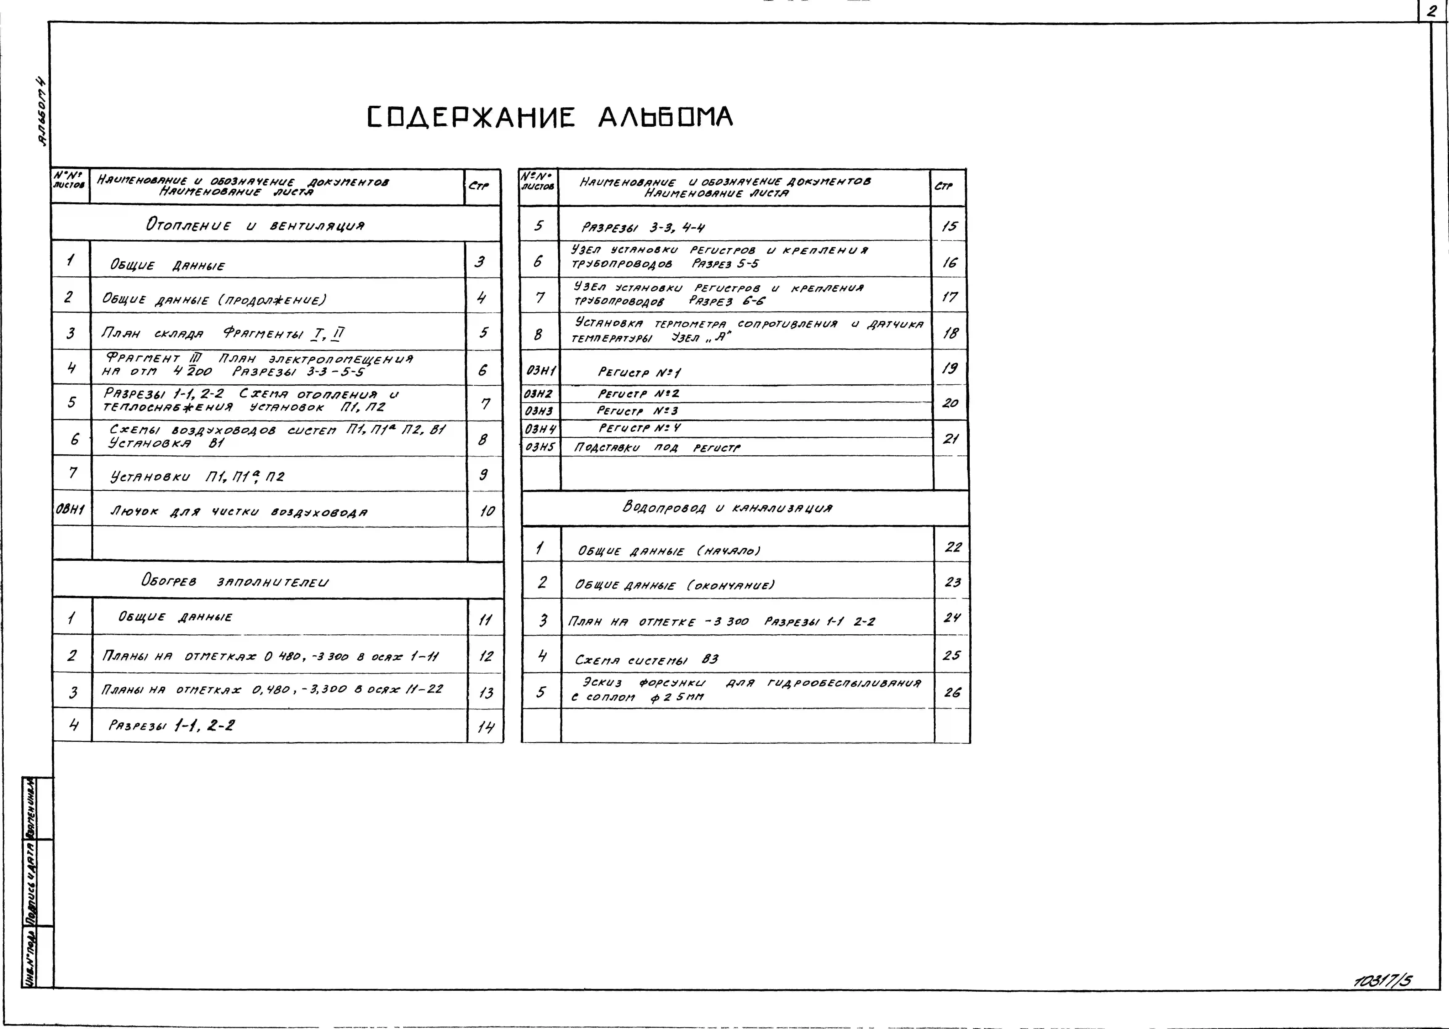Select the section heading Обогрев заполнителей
point(235,581)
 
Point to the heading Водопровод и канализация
point(727,508)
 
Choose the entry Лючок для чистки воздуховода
point(239,511)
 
